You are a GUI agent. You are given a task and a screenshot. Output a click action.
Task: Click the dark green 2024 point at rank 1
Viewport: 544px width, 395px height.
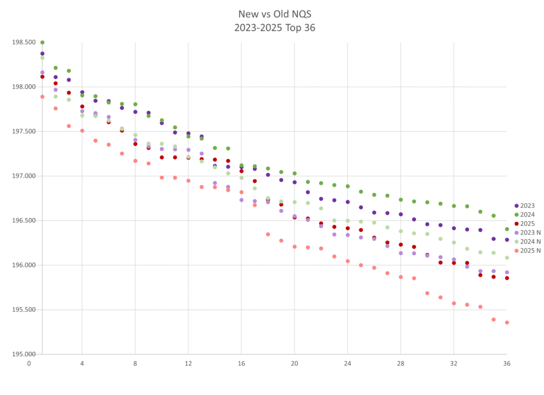pos(42,43)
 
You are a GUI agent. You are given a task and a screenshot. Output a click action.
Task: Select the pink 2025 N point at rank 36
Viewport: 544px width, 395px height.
pos(507,322)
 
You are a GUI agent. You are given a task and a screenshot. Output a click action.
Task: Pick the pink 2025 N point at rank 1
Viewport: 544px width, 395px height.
pos(42,97)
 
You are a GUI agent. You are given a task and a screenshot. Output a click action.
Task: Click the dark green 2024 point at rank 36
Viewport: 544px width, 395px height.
pos(507,229)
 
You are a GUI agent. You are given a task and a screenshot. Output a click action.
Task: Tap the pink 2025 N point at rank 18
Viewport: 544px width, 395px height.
pos(268,234)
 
